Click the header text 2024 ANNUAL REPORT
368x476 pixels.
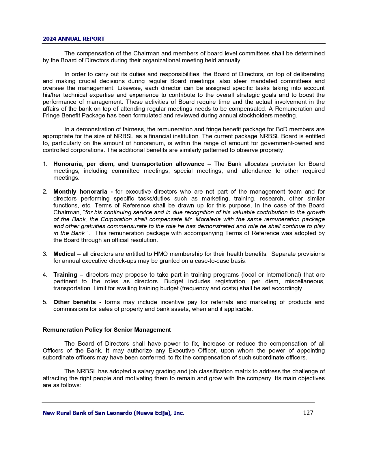[x=74, y=39]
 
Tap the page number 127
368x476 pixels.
[x=308, y=413]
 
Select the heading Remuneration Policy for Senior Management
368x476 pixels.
[x=107, y=330]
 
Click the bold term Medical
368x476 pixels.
[x=64, y=254]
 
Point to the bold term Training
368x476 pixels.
[x=65, y=275]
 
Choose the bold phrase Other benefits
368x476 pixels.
[x=74, y=302]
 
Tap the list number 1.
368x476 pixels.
[x=45, y=164]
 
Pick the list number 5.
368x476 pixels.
[x=45, y=302]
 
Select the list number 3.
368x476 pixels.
[x=45, y=254]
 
